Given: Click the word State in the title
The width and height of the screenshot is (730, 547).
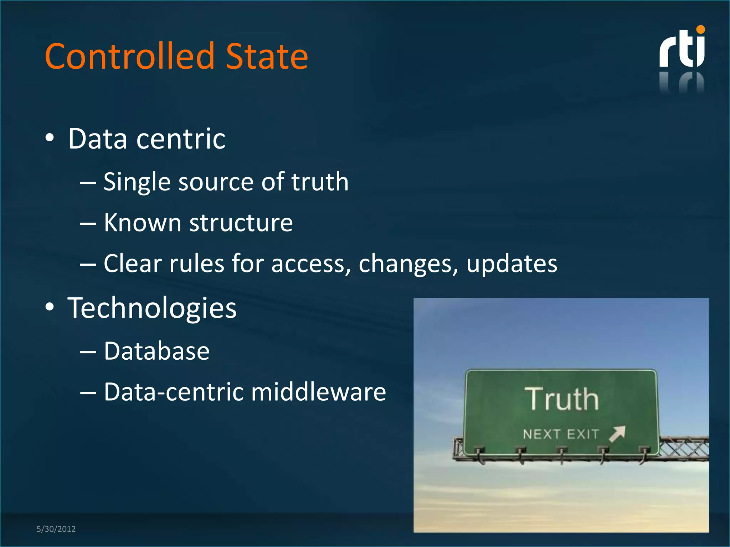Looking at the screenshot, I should point(267,56).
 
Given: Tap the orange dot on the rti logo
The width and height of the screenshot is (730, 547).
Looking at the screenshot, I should point(700,30).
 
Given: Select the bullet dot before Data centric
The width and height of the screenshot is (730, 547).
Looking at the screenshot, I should point(50,138).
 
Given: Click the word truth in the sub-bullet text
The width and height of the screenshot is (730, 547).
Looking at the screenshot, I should point(320,182).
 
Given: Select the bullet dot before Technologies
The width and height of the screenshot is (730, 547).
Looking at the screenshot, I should point(50,307).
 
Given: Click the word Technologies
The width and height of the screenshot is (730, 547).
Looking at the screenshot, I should point(152,308).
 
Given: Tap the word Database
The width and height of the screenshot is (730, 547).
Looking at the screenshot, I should point(157,351).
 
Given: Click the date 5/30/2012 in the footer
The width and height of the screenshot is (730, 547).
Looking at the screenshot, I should point(56,529).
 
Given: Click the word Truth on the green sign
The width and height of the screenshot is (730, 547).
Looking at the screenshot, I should point(561,399).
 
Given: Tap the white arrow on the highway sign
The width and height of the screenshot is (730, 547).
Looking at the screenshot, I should point(617,433).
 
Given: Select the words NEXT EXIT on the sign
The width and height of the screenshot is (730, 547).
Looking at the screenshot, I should point(561,434).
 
